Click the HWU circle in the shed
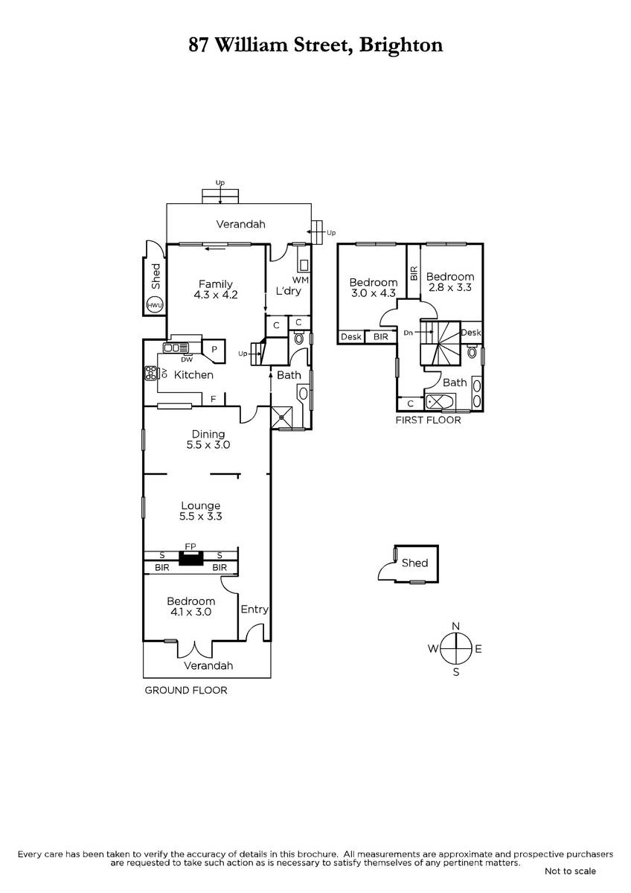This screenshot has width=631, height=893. point(155,306)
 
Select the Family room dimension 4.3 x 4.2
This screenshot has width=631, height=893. point(216,295)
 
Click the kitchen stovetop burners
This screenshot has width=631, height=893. point(150,373)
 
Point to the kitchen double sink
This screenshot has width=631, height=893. point(176,348)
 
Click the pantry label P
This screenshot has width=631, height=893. point(214,349)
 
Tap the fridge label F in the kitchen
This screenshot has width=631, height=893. point(214,399)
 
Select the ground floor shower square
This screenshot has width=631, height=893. point(281,417)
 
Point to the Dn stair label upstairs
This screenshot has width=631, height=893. point(409,333)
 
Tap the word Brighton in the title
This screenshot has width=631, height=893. point(401,46)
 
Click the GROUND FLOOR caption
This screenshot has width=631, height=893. point(186,690)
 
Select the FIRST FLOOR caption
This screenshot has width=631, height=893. point(428,420)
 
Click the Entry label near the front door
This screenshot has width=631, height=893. point(254,609)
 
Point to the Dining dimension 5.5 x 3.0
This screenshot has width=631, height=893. point(208,445)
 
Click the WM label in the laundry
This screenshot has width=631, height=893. point(301,280)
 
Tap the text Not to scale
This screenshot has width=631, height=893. point(570,871)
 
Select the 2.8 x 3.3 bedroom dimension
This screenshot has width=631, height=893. point(450,287)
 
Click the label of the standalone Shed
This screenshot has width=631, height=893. point(414,563)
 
